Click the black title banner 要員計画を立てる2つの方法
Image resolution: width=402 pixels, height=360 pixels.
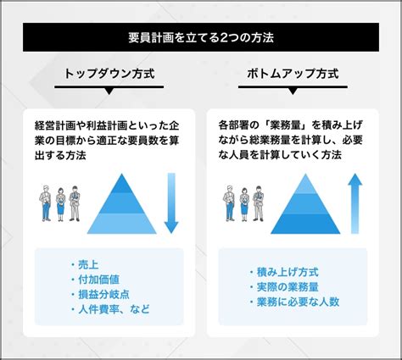pos(201,37)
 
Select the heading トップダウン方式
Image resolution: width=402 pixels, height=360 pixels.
pos(109,74)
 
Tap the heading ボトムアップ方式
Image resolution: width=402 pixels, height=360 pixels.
pos(293,74)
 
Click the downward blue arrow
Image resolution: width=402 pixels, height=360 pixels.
pos(171,203)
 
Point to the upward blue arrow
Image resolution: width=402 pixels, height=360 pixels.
pos(355,203)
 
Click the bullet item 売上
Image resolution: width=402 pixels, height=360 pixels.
pos(88,264)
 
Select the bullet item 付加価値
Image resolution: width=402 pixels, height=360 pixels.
pos(98,280)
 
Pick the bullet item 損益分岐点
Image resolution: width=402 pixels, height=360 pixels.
pos(103,295)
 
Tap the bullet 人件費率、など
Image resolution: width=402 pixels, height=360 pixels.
pos(114,309)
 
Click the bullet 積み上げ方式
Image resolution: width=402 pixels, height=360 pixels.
pos(288,272)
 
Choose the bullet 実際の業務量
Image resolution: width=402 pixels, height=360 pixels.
pos(288,287)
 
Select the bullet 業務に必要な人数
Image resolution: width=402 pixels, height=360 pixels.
pos(298,302)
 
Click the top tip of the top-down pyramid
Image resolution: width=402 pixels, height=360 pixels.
pos(122,174)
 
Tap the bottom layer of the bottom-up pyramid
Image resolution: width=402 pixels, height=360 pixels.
pos(305,224)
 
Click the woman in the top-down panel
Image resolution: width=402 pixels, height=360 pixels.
pos(60,204)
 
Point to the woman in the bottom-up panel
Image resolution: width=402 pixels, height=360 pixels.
pos(244,204)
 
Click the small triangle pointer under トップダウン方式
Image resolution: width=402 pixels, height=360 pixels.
pos(109,91)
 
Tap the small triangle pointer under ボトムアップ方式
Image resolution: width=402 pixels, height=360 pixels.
pos(293,91)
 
